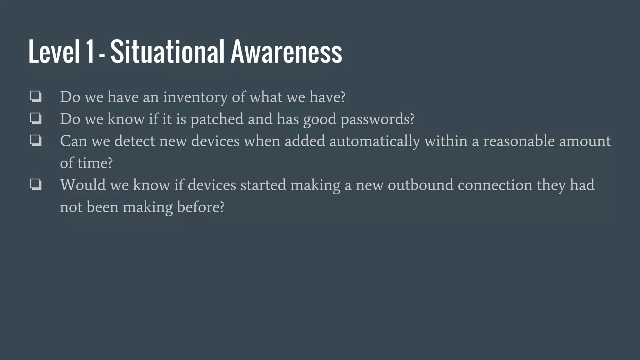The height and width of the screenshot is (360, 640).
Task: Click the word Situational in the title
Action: pyautogui.click(x=167, y=52)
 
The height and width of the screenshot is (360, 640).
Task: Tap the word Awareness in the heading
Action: pyautogui.click(x=286, y=52)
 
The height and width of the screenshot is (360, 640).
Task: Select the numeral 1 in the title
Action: pyautogui.click(x=90, y=52)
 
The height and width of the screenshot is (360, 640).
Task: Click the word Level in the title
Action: pyautogui.click(x=54, y=52)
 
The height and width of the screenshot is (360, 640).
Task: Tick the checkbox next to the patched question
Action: pyautogui.click(x=36, y=118)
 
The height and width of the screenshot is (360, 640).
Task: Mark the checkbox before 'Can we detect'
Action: pyautogui.click(x=36, y=140)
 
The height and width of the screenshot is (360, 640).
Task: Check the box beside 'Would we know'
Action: pyautogui.click(x=36, y=184)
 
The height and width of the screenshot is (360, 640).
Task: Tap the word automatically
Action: pyautogui.click(x=374, y=141)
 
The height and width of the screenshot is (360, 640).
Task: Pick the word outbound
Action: pyautogui.click(x=420, y=185)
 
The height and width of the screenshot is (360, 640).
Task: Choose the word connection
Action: pyautogui.click(x=495, y=185)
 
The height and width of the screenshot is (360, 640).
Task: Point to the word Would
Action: pyautogui.click(x=82, y=185)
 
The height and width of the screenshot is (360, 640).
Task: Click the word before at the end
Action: pyautogui.click(x=201, y=207)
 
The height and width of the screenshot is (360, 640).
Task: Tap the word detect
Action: pyautogui.click(x=135, y=141)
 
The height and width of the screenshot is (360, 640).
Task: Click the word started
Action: pyautogui.click(x=263, y=185)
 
